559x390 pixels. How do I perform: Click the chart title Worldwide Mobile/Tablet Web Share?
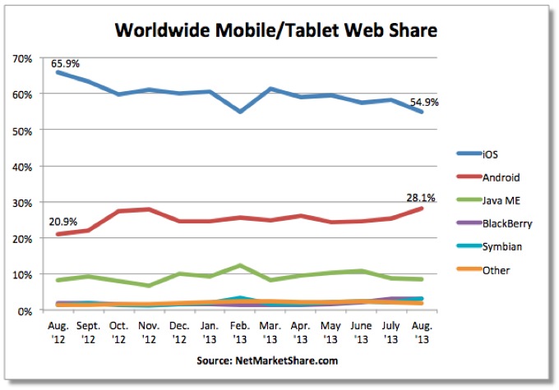pos(275,30)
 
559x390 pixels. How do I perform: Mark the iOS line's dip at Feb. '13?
pos(238,111)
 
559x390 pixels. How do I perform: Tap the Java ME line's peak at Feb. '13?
pos(238,265)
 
